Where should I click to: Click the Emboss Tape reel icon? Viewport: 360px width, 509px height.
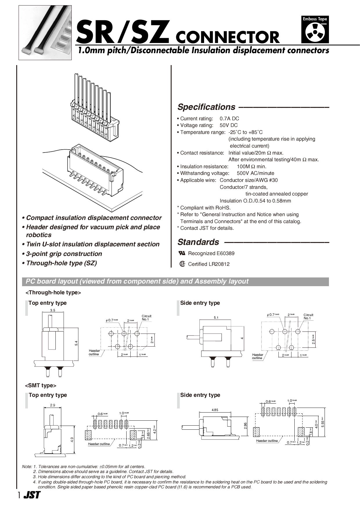(315, 33)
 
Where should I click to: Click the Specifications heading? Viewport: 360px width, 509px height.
(206, 107)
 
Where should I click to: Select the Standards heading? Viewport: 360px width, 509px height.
(198, 242)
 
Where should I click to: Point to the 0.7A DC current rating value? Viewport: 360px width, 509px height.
(229, 119)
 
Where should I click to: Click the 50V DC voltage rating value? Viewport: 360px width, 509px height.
(228, 125)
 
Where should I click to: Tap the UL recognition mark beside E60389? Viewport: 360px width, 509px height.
(182, 253)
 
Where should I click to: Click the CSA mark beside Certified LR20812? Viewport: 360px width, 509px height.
(182, 264)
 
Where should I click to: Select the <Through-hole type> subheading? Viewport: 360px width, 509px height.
(53, 293)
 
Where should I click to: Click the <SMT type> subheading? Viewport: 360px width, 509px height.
(41, 386)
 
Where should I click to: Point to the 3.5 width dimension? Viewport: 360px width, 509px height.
(53, 310)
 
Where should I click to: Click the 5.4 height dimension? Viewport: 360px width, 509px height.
(76, 343)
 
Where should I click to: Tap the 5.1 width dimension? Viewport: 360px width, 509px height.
(216, 318)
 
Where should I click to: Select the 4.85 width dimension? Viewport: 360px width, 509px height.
(215, 410)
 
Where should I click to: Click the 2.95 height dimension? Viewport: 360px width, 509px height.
(245, 426)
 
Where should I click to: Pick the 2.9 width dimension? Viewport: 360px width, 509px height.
(53, 405)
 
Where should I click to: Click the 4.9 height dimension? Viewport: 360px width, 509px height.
(72, 440)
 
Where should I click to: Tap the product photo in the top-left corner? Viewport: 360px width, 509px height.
(45, 33)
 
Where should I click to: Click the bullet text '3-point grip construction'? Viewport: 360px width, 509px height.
(64, 254)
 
